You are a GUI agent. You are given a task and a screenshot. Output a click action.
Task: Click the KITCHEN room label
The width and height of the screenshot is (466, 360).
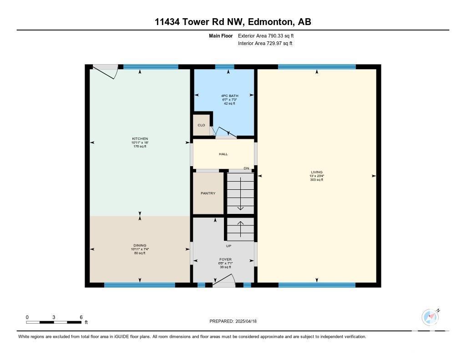140,139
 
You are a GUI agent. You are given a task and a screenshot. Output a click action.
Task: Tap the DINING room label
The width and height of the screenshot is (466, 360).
140,246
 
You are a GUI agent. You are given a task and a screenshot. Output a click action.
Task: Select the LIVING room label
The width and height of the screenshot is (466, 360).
317,172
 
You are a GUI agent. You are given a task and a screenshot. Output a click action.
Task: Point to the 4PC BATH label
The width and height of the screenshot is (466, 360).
230,96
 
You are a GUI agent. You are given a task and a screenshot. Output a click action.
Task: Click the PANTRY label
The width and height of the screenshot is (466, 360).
208,193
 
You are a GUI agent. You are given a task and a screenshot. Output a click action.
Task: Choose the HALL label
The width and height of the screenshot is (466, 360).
223,154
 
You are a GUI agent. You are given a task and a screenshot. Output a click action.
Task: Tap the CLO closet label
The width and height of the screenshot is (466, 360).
201,125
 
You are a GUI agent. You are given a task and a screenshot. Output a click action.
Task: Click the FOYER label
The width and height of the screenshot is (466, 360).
225,259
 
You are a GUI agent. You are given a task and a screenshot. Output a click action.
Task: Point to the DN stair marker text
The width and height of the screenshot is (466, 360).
246,168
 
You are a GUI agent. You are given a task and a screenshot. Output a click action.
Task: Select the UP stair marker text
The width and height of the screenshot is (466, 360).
228,246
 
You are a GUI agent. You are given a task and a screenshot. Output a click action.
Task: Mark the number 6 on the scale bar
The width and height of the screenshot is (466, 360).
81,317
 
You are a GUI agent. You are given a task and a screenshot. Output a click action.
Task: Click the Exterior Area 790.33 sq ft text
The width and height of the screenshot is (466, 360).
266,35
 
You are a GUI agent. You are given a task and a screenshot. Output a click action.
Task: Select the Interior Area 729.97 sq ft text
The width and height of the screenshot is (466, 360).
265,43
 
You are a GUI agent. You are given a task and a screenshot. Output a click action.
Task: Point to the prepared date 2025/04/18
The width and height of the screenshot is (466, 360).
246,321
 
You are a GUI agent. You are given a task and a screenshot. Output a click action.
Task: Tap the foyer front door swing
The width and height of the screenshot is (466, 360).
224,281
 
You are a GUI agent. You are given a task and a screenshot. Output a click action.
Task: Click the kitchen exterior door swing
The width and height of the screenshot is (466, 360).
105,71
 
